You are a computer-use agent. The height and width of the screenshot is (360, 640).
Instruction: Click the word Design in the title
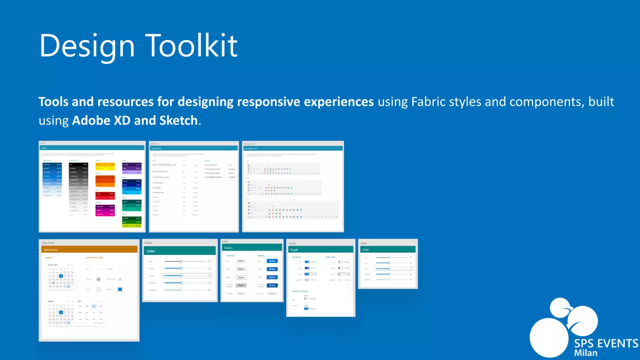click(87, 46)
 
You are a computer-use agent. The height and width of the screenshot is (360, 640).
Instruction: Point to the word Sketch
click(178, 121)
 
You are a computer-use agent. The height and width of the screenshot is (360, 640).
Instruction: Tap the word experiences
click(339, 102)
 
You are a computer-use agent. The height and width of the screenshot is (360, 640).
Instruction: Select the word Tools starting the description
click(53, 102)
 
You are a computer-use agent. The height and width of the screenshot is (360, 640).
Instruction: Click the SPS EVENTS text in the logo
click(606, 343)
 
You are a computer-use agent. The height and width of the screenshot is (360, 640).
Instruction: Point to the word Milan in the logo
click(586, 353)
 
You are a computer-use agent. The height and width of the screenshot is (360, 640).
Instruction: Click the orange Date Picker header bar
click(89, 250)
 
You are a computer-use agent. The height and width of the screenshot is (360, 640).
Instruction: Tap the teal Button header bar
click(252, 248)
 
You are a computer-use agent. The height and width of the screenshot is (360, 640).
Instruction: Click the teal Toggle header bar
click(321, 250)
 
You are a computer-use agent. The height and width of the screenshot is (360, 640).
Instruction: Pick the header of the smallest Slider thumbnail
click(388, 250)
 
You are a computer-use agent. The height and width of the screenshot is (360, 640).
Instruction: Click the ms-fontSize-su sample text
click(164, 165)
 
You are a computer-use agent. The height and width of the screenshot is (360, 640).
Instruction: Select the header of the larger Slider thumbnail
click(180, 251)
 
